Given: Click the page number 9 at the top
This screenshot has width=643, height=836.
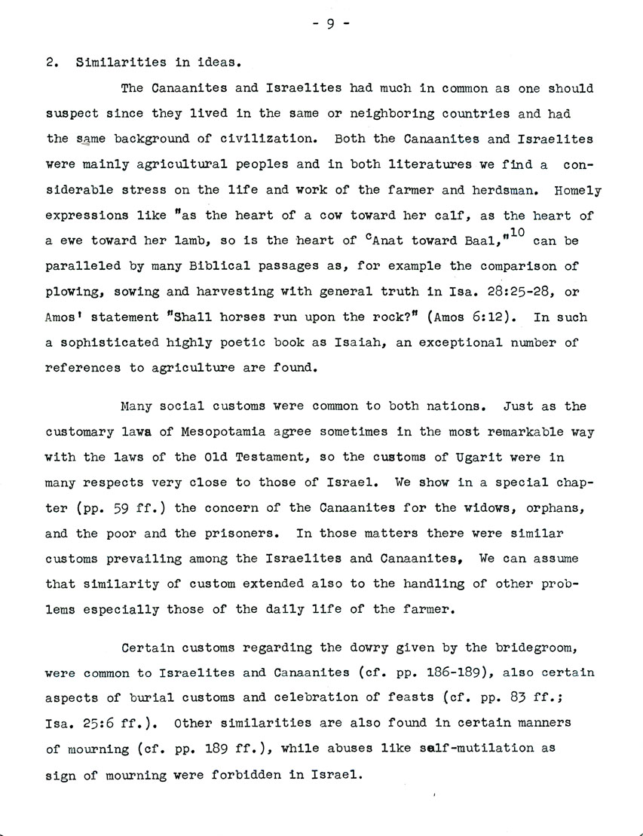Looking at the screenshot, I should coord(329,23).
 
